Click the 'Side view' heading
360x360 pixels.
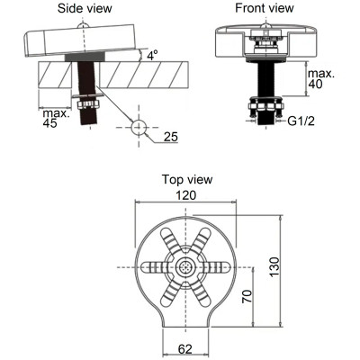tap(85, 8)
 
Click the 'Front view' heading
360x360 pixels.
tap(264, 8)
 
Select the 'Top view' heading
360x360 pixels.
tap(187, 179)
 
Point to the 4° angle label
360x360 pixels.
tap(153, 55)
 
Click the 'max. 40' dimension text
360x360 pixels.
tap(321, 78)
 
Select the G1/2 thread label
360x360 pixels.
tap(301, 121)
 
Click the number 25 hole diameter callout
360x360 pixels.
tap(171, 137)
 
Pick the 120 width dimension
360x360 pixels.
tap(185, 195)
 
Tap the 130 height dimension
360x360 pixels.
tap(274, 267)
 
